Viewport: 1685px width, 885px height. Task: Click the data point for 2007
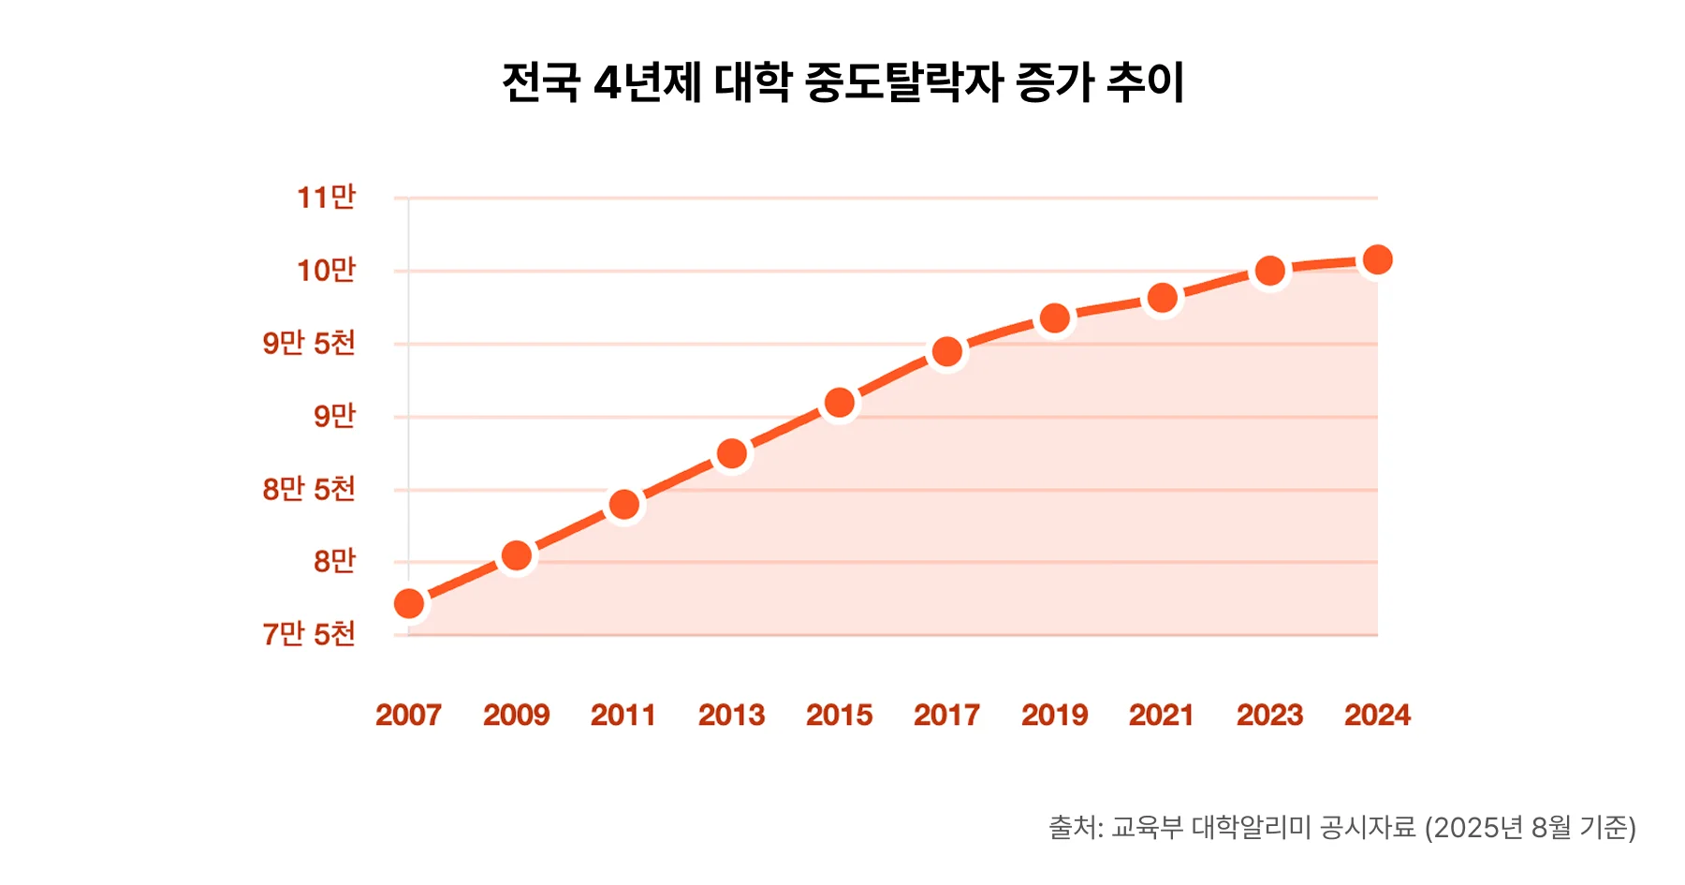(x=409, y=604)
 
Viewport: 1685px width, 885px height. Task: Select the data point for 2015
(x=840, y=404)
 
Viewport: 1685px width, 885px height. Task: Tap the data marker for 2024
(x=1377, y=259)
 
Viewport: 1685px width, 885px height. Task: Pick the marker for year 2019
(x=1055, y=318)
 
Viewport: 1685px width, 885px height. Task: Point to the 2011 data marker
(x=624, y=505)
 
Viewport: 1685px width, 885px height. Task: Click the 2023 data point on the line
(x=1269, y=272)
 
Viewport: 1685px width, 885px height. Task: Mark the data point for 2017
(x=947, y=352)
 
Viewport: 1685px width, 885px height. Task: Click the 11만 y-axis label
(x=326, y=198)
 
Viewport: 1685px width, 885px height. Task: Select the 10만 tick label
(x=326, y=271)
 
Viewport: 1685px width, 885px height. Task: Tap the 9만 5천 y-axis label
(x=309, y=344)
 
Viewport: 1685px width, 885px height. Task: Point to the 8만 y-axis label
(x=334, y=562)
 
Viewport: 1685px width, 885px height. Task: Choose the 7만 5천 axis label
(x=309, y=635)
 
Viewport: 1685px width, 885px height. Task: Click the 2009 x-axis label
(x=516, y=715)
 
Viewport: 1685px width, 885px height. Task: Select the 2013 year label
(x=731, y=715)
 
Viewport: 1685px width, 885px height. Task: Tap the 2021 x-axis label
(x=1161, y=715)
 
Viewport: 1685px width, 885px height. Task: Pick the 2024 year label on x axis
(x=1377, y=715)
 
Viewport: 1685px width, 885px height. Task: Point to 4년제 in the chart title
(x=648, y=82)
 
